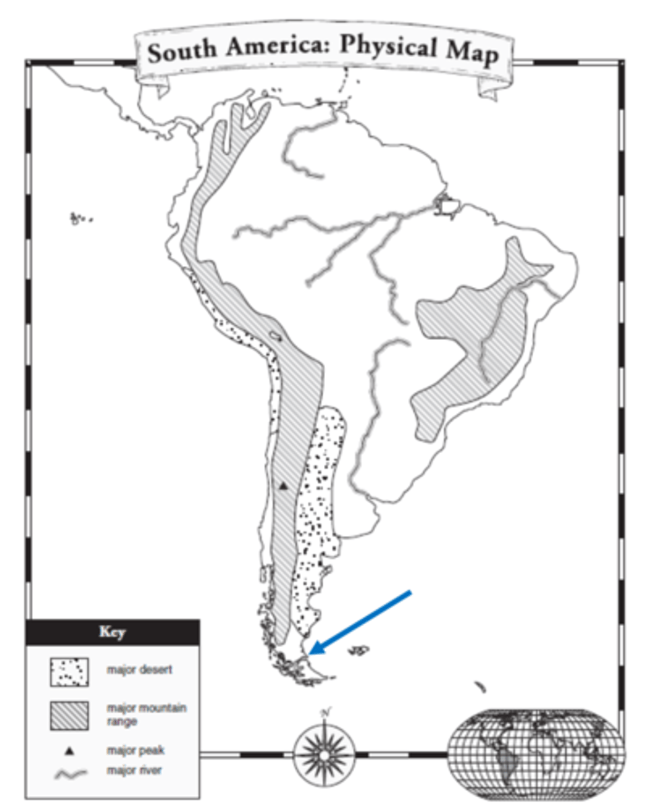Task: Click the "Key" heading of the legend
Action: pos(112,633)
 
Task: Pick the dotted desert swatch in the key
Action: pos(69,671)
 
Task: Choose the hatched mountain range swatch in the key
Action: pos(69,715)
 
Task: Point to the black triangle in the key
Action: pos(69,750)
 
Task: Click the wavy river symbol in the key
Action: pos(69,773)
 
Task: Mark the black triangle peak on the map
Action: pos(283,485)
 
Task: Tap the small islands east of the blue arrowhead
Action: pos(359,650)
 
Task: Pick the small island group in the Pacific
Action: pos(80,217)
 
